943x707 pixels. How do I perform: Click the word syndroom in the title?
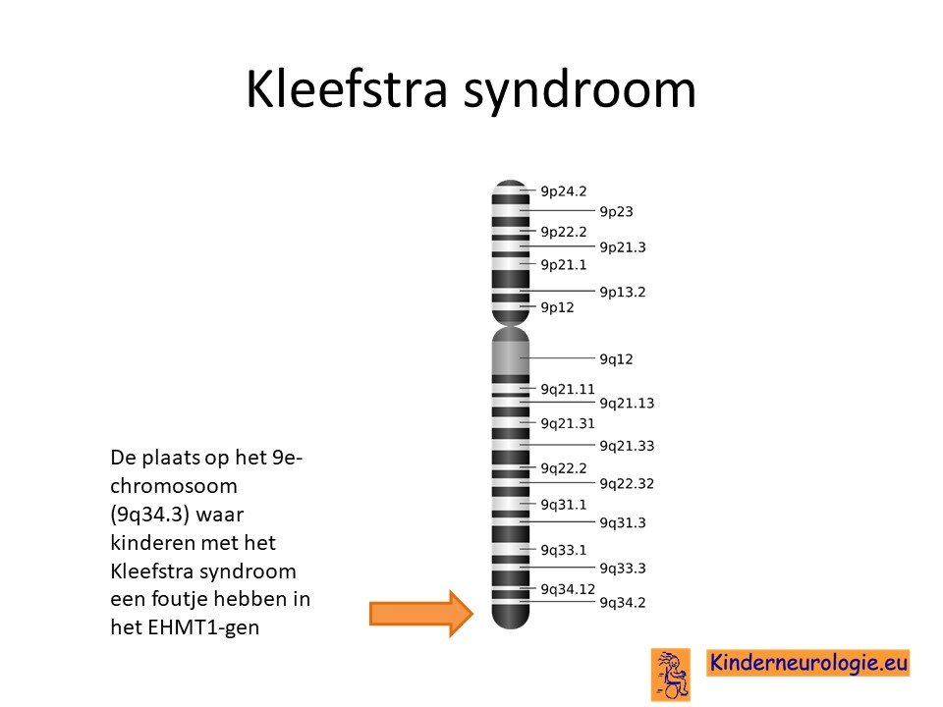tap(580, 91)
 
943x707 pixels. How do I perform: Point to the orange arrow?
tap(421, 613)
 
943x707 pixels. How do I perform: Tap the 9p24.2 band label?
tap(564, 191)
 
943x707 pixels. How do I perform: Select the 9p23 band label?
tap(617, 212)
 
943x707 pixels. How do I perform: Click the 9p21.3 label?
tap(623, 247)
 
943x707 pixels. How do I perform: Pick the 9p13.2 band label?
tap(623, 293)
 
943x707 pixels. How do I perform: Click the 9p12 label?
tap(558, 307)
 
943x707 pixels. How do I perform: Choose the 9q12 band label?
tap(617, 359)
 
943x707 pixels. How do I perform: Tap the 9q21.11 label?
tap(568, 390)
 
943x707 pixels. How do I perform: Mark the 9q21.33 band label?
tap(627, 446)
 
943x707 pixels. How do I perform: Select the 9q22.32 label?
tap(627, 484)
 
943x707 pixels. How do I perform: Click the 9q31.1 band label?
tap(564, 505)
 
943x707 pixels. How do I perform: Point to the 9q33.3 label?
tap(623, 569)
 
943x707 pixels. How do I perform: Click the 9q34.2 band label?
tap(623, 603)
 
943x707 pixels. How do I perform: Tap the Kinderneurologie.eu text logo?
tap(808, 663)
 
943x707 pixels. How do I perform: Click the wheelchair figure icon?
tap(671, 675)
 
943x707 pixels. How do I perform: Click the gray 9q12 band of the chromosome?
tap(511, 358)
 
